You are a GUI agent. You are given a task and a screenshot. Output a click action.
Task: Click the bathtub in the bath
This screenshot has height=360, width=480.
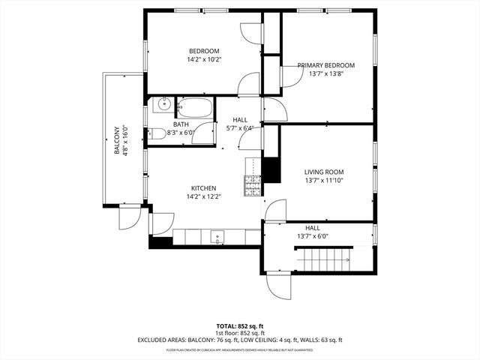[196, 107]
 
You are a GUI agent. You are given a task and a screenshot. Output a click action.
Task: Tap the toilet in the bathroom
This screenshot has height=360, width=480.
[157, 134]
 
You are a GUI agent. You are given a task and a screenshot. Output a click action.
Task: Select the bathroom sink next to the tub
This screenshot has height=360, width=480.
[162, 105]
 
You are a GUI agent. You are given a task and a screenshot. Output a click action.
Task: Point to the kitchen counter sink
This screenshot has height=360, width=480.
[217, 238]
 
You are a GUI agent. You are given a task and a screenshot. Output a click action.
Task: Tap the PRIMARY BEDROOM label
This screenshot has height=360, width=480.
[325, 66]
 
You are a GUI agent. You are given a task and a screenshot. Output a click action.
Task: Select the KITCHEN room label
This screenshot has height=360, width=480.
[204, 188]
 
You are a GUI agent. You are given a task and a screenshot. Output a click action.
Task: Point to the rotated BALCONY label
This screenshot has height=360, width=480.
[117, 139]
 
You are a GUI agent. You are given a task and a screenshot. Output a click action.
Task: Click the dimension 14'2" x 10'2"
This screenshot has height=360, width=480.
[204, 59]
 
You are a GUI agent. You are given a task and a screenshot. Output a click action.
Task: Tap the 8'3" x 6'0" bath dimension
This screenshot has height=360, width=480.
[181, 133]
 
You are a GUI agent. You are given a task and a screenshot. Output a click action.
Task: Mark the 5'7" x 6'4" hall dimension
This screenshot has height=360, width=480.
[240, 128]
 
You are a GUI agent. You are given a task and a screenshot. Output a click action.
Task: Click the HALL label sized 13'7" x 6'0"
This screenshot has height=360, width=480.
[313, 227]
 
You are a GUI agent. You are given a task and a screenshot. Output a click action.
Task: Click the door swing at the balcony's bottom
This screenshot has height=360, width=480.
[128, 218]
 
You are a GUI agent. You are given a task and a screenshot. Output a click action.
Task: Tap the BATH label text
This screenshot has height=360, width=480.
[181, 124]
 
